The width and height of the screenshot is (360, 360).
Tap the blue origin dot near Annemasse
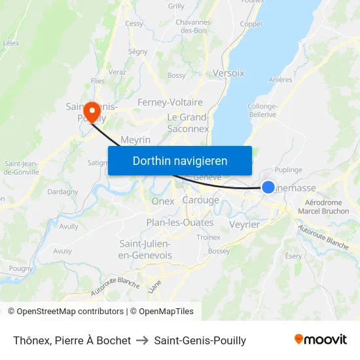coord(268,187)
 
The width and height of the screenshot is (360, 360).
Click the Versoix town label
coord(228,73)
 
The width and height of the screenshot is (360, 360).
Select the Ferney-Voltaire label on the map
coord(170,102)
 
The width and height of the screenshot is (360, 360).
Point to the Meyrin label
coord(135,140)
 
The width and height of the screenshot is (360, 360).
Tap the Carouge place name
coord(201,200)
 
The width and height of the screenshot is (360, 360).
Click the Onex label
coord(163,202)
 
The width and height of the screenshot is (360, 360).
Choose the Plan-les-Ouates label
coord(179,223)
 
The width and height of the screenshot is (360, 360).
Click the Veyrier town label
coord(245,225)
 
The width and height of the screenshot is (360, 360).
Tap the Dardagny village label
coord(62,192)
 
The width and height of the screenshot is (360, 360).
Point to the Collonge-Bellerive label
coord(262,110)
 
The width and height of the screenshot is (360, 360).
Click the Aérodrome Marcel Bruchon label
coord(323,207)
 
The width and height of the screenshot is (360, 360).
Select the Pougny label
coord(21,268)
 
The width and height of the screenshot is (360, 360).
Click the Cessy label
coord(134,24)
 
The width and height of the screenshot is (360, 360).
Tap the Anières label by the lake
coord(280,80)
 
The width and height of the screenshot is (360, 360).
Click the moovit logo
coord(320,339)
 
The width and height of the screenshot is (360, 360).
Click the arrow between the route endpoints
coord(142,340)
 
